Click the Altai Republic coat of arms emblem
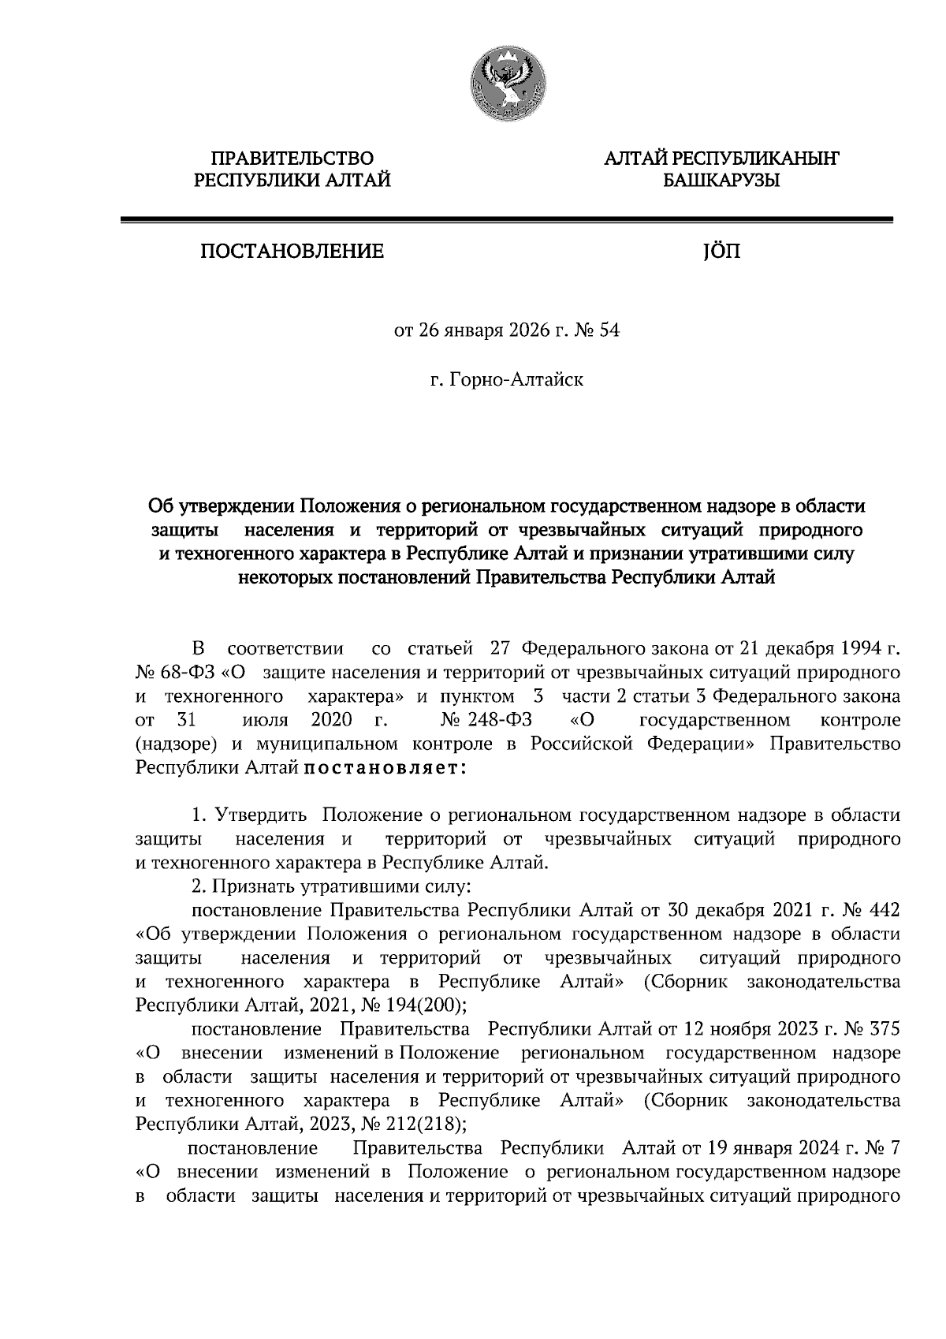click(505, 84)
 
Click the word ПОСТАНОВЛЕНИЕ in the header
click(292, 252)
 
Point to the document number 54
click(610, 330)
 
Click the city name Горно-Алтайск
click(517, 381)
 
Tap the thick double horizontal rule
click(505, 222)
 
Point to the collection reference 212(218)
click(425, 1124)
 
